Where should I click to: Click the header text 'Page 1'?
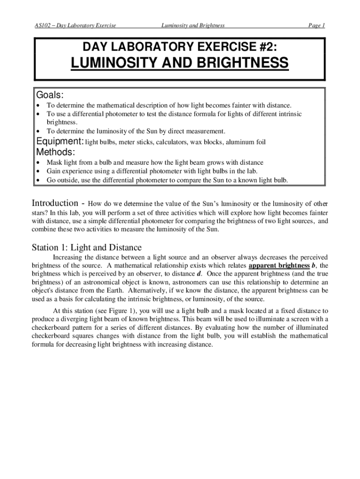316,25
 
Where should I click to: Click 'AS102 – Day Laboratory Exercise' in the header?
76,25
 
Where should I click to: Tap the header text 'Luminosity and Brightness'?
193,25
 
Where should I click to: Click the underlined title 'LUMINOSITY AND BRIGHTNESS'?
180,63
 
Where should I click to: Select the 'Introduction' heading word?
54,203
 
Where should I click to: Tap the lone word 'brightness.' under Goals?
60,123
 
